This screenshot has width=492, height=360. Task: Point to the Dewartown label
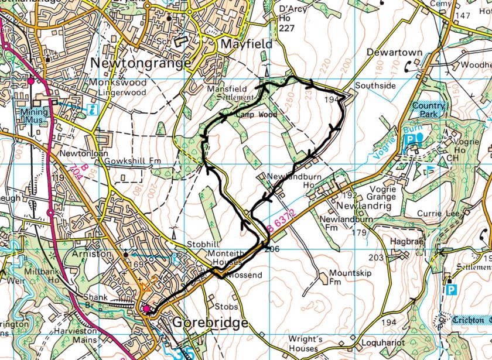[x=394, y=52]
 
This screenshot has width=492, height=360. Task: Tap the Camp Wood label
[x=257, y=115]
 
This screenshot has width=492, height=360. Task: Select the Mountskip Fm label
[x=343, y=277]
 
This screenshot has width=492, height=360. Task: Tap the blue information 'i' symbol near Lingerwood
[x=91, y=109]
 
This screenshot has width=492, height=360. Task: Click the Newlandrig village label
[x=359, y=206]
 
